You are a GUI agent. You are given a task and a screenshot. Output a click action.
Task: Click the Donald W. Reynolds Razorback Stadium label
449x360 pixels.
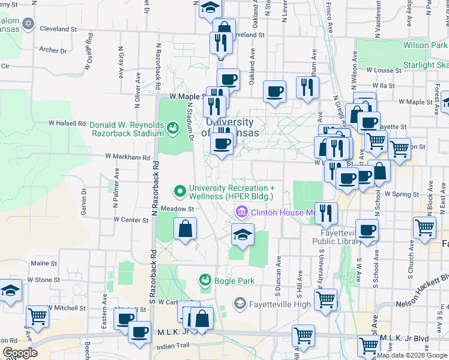pyautogui.click(x=126, y=129)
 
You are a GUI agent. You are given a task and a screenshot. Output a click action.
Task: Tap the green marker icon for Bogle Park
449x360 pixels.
pyautogui.click(x=205, y=280)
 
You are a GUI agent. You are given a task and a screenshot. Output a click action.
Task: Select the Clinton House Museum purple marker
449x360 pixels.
pyautogui.click(x=241, y=211)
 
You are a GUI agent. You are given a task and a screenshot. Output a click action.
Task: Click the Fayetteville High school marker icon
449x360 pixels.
pyautogui.click(x=240, y=303)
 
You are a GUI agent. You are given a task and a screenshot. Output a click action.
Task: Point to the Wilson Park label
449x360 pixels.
pyautogui.click(x=425, y=45)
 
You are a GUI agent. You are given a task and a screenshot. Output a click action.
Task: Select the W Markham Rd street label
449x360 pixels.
pyautogui.click(x=127, y=157)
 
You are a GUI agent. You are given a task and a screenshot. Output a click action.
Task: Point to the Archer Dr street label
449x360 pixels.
pyautogui.click(x=53, y=50)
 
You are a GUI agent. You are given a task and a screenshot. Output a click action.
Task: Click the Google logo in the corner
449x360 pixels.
pyautogui.click(x=20, y=353)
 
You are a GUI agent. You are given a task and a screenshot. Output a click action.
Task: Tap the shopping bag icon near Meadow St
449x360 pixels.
pyautogui.click(x=185, y=229)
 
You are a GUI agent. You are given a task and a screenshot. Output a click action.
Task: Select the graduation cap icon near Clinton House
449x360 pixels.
pyautogui.click(x=243, y=235)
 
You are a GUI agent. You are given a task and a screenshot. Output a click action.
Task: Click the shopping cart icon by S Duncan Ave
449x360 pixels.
pyautogui.click(x=326, y=300)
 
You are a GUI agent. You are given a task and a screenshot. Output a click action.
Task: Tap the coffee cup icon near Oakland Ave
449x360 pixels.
pyautogui.click(x=275, y=91)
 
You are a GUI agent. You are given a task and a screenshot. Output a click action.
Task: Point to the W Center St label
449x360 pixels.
pyautogui.click(x=131, y=220)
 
